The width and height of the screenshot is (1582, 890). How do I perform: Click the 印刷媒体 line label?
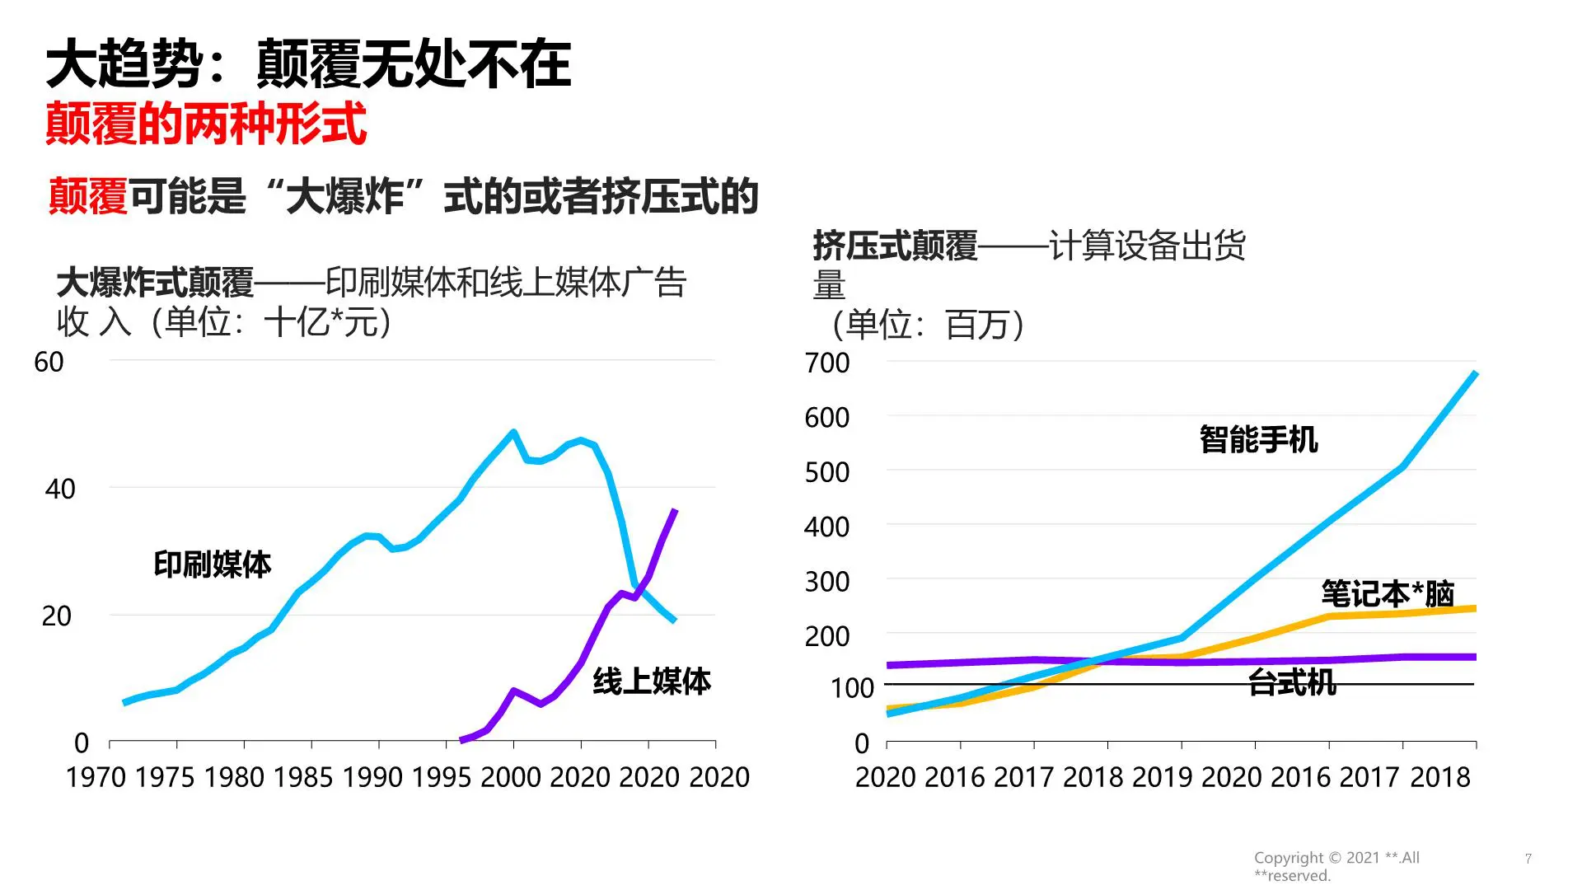[212, 564]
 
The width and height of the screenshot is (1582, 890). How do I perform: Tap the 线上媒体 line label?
[651, 682]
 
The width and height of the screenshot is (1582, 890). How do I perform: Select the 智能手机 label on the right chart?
[1258, 439]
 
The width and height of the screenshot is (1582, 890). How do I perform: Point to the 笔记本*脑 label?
[1388, 593]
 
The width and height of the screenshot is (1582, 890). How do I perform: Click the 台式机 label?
[1291, 682]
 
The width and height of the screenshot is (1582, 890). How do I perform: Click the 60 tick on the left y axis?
[49, 363]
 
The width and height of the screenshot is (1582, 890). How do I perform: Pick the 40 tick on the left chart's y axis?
[59, 489]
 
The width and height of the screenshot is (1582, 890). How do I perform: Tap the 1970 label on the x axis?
[96, 777]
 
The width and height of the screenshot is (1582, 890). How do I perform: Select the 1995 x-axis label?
[442, 777]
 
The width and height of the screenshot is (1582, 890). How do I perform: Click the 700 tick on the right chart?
[826, 363]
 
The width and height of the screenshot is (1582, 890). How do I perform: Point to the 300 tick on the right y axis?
[826, 583]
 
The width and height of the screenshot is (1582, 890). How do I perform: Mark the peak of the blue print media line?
[513, 432]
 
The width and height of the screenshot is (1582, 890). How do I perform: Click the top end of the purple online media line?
[675, 512]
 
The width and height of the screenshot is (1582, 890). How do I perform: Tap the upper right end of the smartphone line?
[1475, 374]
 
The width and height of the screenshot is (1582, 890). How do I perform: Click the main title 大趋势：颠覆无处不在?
[308, 64]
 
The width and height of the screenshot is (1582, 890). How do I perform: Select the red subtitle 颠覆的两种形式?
[206, 124]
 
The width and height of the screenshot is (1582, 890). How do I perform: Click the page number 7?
[1528, 859]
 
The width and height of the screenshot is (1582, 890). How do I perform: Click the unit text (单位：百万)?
[928, 325]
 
